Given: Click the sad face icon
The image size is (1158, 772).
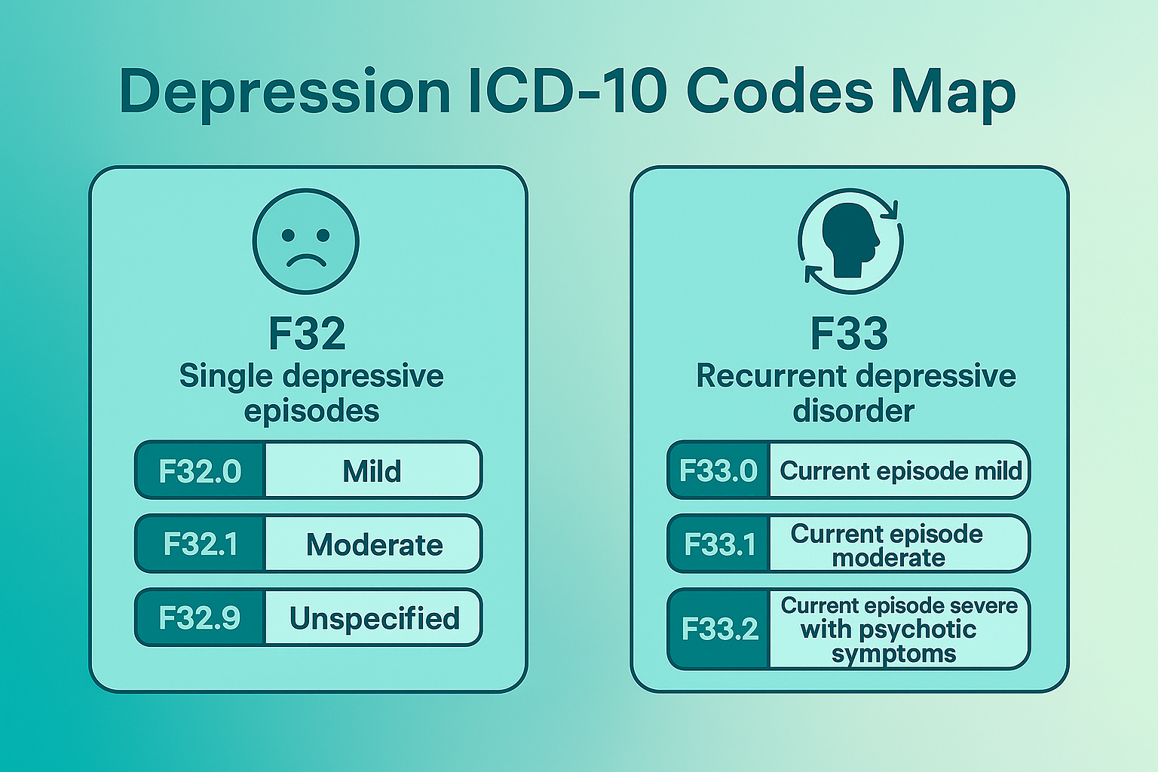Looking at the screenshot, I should pos(306,241).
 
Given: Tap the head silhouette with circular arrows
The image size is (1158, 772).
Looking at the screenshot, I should pos(850,241).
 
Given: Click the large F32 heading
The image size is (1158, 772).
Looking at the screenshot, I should pos(307,333).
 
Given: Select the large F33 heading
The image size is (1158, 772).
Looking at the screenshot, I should pos(849,333).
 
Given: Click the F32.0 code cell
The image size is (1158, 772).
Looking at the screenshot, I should pos(200,471).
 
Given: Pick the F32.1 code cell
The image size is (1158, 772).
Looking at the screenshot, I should pos(200,544).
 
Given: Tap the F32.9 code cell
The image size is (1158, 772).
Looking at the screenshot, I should pos(200,618).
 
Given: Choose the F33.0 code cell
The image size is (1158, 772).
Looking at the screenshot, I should pos(718,471).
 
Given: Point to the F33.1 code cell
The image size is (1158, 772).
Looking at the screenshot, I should pos(719,544).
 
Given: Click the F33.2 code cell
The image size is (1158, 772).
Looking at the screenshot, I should pos(719,629).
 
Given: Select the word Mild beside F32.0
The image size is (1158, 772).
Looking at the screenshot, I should pos(372,472).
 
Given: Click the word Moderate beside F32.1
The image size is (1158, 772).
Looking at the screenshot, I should pos(374,545).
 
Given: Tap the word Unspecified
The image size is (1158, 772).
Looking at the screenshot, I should pos(374,619).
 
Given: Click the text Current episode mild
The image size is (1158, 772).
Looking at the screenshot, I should pos(900,471).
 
